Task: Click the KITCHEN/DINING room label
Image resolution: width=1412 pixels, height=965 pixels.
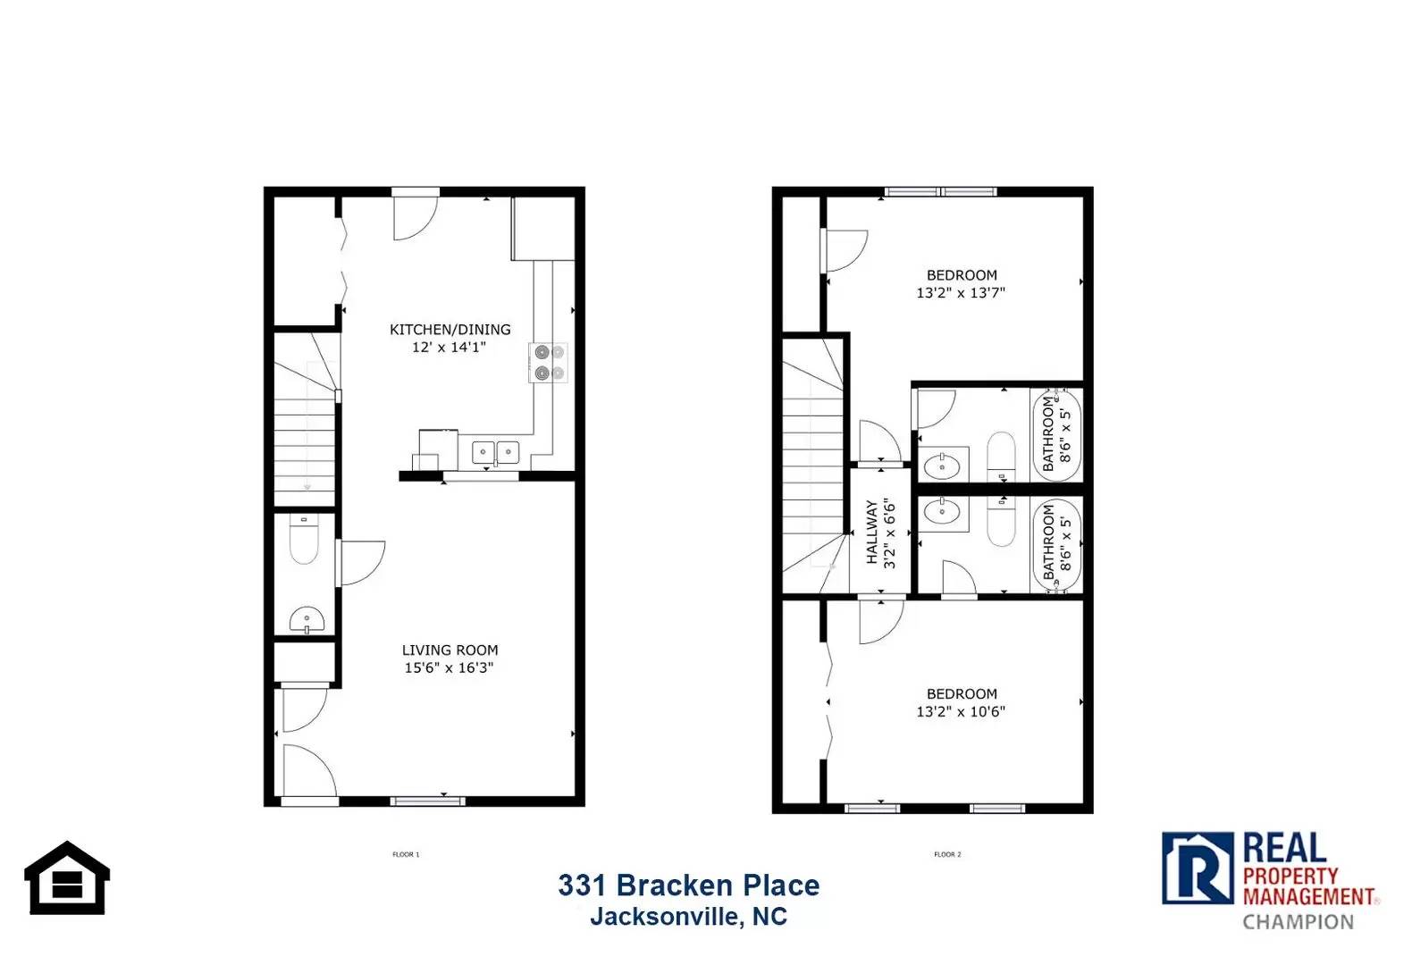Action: click(x=450, y=330)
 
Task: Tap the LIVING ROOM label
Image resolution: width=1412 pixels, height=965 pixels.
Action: click(x=450, y=650)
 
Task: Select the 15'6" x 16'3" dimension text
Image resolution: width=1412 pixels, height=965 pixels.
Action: click(x=449, y=667)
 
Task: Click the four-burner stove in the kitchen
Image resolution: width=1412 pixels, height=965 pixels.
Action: click(x=549, y=363)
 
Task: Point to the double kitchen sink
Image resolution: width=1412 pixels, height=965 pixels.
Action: click(x=495, y=452)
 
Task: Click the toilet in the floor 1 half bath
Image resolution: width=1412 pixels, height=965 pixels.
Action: click(x=304, y=541)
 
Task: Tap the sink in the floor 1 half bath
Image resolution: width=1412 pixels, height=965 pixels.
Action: click(x=307, y=618)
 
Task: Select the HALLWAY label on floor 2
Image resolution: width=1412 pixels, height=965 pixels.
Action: click(x=872, y=533)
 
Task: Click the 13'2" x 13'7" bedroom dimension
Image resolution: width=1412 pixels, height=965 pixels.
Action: click(x=961, y=292)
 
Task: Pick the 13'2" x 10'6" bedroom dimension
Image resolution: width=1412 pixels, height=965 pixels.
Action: click(x=961, y=711)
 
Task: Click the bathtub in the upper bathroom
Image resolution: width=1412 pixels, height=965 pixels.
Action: click(x=1057, y=434)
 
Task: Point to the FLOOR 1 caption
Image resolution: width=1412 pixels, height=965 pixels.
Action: click(x=406, y=854)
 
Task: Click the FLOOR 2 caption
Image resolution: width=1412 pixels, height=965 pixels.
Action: click(x=947, y=854)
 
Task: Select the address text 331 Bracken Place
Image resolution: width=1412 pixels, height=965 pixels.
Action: click(x=688, y=885)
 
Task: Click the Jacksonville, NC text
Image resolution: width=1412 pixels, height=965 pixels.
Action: click(x=688, y=917)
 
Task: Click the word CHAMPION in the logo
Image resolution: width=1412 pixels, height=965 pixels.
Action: click(x=1298, y=921)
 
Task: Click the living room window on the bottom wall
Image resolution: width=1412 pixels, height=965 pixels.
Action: click(x=428, y=801)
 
